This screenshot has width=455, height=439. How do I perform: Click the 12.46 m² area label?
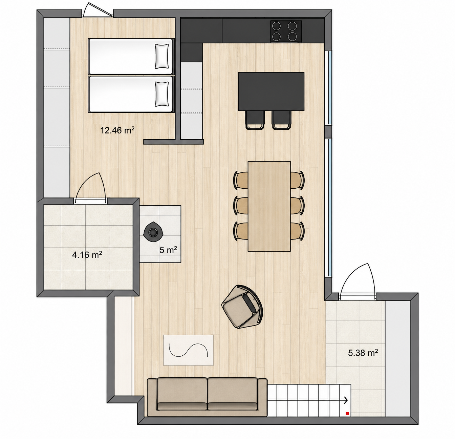[117, 130]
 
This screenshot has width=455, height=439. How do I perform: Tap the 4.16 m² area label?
[87, 255]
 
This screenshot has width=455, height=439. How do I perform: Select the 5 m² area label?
[168, 250]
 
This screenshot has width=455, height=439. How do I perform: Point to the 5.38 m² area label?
[363, 353]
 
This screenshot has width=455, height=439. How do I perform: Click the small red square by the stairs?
[347, 414]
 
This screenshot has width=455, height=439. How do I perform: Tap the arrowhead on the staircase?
[346, 400]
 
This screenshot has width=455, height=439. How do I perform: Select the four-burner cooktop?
[286, 32]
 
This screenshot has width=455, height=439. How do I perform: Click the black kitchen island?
[271, 91]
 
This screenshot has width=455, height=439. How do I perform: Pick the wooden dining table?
[269, 206]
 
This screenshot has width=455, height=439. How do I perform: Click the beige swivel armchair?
[243, 307]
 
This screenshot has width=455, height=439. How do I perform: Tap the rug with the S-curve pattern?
[188, 350]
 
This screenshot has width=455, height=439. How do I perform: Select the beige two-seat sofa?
[207, 397]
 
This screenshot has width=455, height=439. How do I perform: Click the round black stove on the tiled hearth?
[153, 232]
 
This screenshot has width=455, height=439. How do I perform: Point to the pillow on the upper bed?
[161, 56]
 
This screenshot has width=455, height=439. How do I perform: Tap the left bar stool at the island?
[255, 120]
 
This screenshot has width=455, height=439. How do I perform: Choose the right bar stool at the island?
[282, 120]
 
